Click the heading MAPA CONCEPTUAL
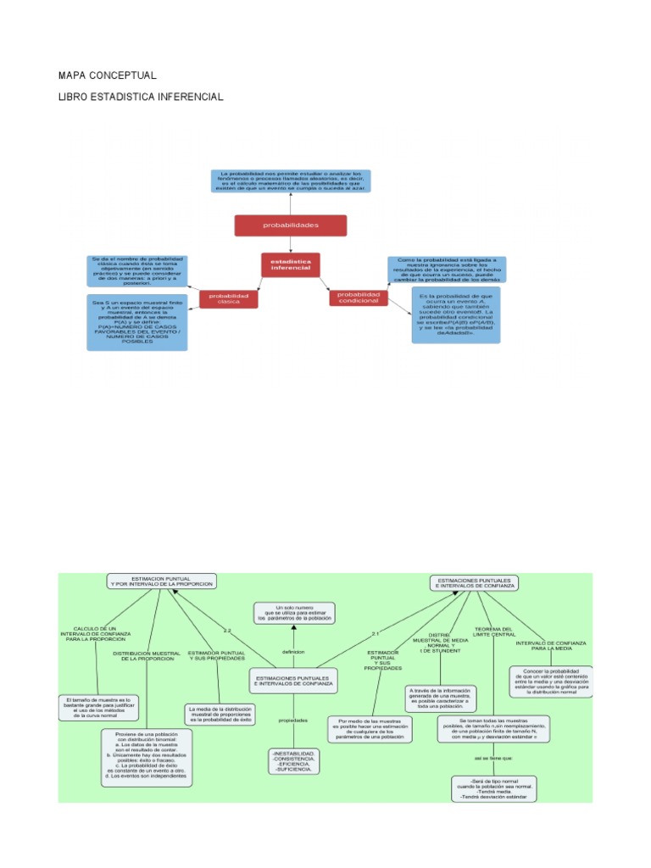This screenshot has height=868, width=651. [x=108, y=75]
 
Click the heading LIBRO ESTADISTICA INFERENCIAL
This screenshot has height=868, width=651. [x=141, y=97]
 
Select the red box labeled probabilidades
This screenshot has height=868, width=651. [x=290, y=225]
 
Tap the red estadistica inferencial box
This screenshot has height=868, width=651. [x=290, y=265]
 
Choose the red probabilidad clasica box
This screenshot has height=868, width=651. [x=229, y=298]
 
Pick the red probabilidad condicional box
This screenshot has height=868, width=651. [x=358, y=298]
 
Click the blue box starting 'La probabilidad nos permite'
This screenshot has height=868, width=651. [x=290, y=181]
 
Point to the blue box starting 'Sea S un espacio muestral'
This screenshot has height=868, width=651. [x=138, y=322]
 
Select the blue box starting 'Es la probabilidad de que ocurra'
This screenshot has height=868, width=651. [x=456, y=314]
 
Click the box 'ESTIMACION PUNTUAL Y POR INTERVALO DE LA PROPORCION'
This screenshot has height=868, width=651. [x=161, y=581]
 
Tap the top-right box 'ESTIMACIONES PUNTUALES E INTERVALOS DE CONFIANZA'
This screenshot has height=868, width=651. [x=475, y=582]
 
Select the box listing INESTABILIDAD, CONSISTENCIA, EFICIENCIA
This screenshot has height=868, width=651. [x=293, y=760]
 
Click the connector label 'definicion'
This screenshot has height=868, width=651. [x=293, y=652]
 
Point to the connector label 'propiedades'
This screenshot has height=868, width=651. [x=293, y=721]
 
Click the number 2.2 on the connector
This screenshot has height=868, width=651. [x=226, y=631]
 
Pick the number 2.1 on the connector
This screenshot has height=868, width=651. [x=376, y=634]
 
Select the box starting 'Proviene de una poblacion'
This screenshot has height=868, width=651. [x=147, y=756]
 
